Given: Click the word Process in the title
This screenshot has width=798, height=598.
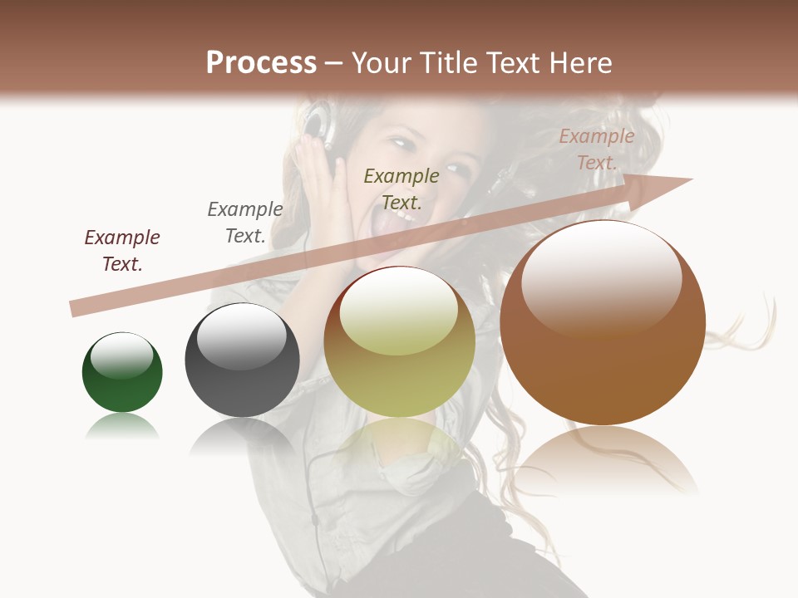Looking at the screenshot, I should pyautogui.click(x=261, y=63).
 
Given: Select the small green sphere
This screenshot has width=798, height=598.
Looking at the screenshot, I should pyautogui.click(x=122, y=373).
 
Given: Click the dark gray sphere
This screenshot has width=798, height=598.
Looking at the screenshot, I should pyautogui.click(x=242, y=360).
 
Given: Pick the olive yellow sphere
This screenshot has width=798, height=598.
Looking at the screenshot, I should pyautogui.click(x=399, y=342).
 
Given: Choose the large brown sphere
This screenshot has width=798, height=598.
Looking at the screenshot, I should pyautogui.click(x=603, y=323).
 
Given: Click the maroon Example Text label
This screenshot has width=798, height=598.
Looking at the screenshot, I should pyautogui.click(x=122, y=250).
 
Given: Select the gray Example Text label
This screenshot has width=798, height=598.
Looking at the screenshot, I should pyautogui.click(x=245, y=222).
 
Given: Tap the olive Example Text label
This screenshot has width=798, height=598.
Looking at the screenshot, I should pyautogui.click(x=401, y=189).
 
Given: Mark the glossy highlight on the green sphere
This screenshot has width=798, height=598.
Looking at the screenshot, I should pyautogui.click(x=121, y=355).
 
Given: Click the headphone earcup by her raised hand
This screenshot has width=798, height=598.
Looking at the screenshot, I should pyautogui.click(x=315, y=121).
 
